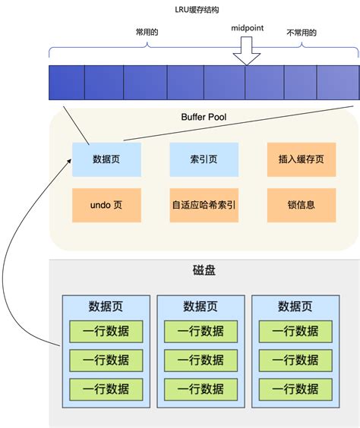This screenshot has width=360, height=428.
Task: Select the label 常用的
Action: pyautogui.click(x=145, y=33)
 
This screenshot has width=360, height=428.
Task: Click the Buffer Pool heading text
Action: pyautogui.click(x=204, y=118)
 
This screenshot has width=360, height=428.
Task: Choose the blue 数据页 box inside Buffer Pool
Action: pyautogui.click(x=106, y=159)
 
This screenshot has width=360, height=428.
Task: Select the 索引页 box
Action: pyautogui.click(x=204, y=159)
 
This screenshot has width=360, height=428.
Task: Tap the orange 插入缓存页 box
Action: pyautogui.click(x=302, y=159)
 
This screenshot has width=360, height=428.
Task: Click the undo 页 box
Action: pyautogui.click(x=106, y=205)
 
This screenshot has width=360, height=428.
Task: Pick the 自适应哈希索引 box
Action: pyautogui.click(x=204, y=205)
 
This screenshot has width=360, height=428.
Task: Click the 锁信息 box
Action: pyautogui.click(x=302, y=205)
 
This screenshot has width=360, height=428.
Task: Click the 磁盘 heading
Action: pyautogui.click(x=204, y=272)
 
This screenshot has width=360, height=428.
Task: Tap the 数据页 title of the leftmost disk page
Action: pyautogui.click(x=106, y=307)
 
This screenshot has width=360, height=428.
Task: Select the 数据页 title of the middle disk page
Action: pyautogui.click(x=204, y=307)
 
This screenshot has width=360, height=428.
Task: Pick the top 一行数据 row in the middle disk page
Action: pyautogui.click(x=201, y=331)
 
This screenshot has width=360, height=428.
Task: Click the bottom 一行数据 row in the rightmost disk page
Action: pyautogui.click(x=296, y=389)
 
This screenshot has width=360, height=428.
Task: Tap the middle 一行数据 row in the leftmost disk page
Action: pyautogui.click(x=106, y=360)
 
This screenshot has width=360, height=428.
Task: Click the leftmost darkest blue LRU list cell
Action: pyautogui.click(x=66, y=83)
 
